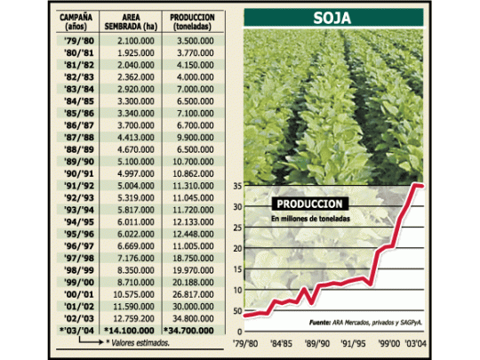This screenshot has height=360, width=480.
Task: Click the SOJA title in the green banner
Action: pos(332,18)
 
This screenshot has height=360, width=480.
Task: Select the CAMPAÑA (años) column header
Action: pos(76,21)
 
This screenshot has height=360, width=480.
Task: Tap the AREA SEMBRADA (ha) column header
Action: pos(131,21)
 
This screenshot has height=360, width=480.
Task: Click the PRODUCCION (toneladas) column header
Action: pos(192,21)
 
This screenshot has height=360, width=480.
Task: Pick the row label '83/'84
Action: pos(79,90)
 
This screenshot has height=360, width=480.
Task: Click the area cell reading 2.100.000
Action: pos(136,41)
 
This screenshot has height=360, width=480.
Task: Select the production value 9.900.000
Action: pos(196,138)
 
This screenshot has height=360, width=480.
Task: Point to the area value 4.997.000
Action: pos(136,174)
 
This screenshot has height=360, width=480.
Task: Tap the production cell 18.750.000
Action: pos(193,259)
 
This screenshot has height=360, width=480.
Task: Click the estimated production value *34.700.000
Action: pos(188,331)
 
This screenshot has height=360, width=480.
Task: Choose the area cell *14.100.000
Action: pos(129,331)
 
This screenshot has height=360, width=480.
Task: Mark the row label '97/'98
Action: pos(79,259)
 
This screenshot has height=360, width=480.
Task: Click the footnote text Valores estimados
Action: pos(140,343)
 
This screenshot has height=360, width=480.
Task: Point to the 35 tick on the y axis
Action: pos(237,186)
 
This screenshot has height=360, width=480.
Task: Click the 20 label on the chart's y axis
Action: pos(237,249)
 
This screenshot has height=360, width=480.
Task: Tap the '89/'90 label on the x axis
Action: pos(317,343)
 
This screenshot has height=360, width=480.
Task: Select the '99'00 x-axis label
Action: pos(388,343)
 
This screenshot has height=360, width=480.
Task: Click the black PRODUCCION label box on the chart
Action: pos(310,204)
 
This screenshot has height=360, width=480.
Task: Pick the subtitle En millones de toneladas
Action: pos(310,219)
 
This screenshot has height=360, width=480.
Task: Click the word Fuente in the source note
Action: pos(320,323)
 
